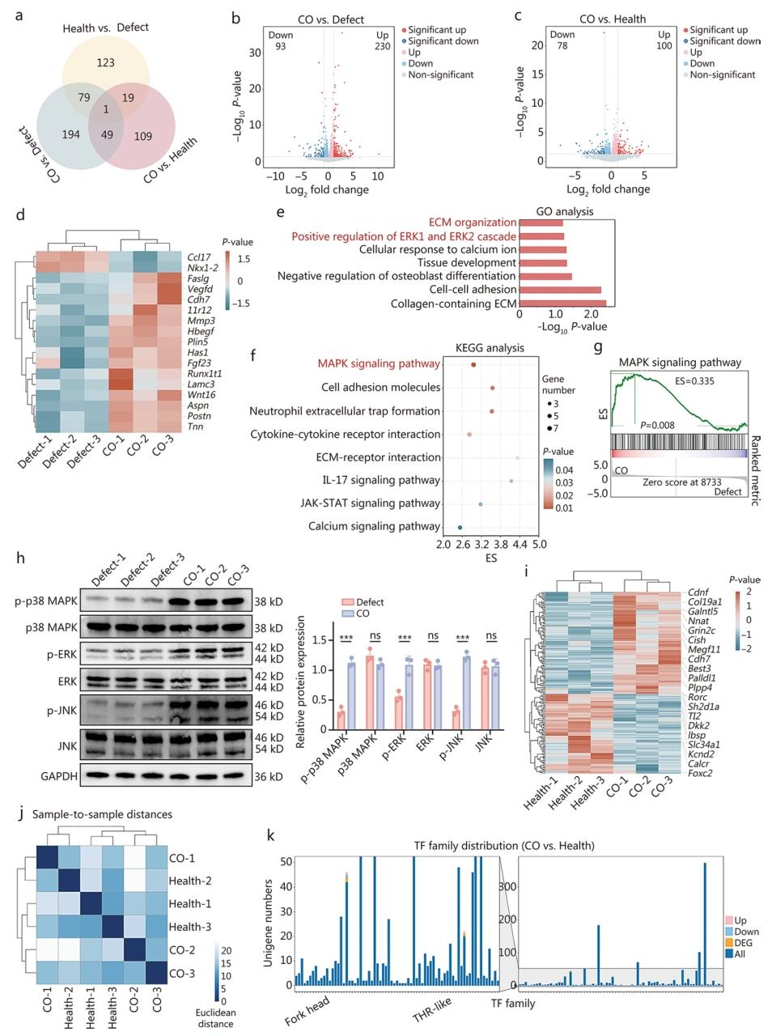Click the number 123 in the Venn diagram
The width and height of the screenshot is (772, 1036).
105,63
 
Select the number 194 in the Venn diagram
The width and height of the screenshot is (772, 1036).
71,134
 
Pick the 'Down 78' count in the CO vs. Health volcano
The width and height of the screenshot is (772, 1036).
562,40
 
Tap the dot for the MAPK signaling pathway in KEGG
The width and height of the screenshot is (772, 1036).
473,364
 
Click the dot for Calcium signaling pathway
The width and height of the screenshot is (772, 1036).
460,527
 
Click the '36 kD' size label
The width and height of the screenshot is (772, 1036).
266,776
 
